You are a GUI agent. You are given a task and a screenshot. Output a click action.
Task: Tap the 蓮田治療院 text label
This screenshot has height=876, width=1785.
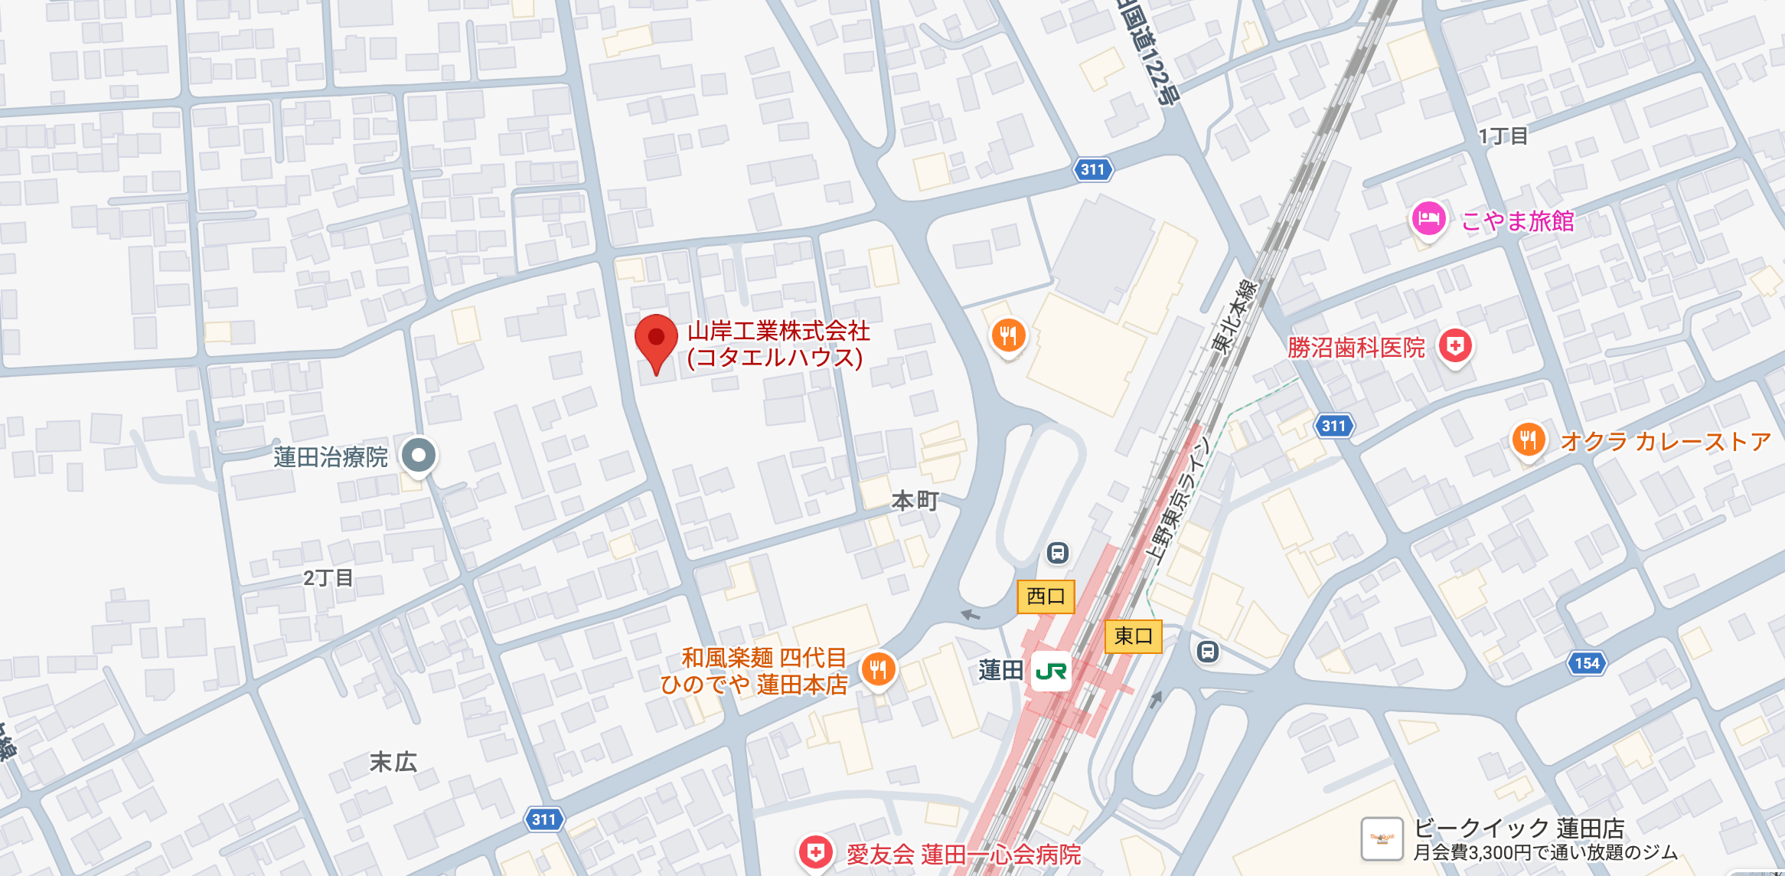pyautogui.click(x=331, y=457)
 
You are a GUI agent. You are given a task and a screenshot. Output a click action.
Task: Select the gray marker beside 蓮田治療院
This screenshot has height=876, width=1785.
pyautogui.click(x=419, y=456)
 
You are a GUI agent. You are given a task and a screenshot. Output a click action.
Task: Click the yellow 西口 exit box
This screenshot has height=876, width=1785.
pyautogui.click(x=1046, y=597)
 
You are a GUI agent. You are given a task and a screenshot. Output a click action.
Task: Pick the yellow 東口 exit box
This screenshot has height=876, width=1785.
pyautogui.click(x=1134, y=636)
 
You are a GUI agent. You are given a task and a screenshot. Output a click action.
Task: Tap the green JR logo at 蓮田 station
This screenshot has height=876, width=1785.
pyautogui.click(x=1051, y=672)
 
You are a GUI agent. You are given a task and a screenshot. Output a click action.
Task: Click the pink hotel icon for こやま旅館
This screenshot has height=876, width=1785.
pyautogui.click(x=1428, y=220)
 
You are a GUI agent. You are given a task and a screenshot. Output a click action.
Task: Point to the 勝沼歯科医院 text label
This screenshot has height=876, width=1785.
pyautogui.click(x=1356, y=348)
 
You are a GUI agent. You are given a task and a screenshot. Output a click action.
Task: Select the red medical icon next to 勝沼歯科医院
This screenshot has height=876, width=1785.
pyautogui.click(x=1455, y=346)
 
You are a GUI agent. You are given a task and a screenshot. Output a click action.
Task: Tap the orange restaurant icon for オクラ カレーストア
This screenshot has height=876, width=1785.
pyautogui.click(x=1528, y=440)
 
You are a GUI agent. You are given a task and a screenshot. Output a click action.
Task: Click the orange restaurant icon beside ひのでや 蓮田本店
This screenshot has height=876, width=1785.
pyautogui.click(x=878, y=669)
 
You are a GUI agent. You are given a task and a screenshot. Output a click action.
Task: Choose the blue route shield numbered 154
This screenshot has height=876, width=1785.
pyautogui.click(x=1587, y=663)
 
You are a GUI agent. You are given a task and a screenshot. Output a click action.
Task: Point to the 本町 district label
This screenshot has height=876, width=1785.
pyautogui.click(x=915, y=501)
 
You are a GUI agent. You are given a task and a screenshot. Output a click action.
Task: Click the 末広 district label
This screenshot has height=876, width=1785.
pyautogui.click(x=393, y=761)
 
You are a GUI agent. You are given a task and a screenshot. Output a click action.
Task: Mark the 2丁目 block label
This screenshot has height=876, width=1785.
pyautogui.click(x=328, y=577)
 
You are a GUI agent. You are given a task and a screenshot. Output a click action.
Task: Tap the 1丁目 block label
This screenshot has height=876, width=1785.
pyautogui.click(x=1503, y=136)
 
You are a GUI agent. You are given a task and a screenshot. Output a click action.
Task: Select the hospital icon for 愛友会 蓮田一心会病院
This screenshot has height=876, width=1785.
pyautogui.click(x=815, y=852)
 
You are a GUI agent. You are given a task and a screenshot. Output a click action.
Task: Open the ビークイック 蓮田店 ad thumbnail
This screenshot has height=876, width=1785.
pyautogui.click(x=1382, y=838)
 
